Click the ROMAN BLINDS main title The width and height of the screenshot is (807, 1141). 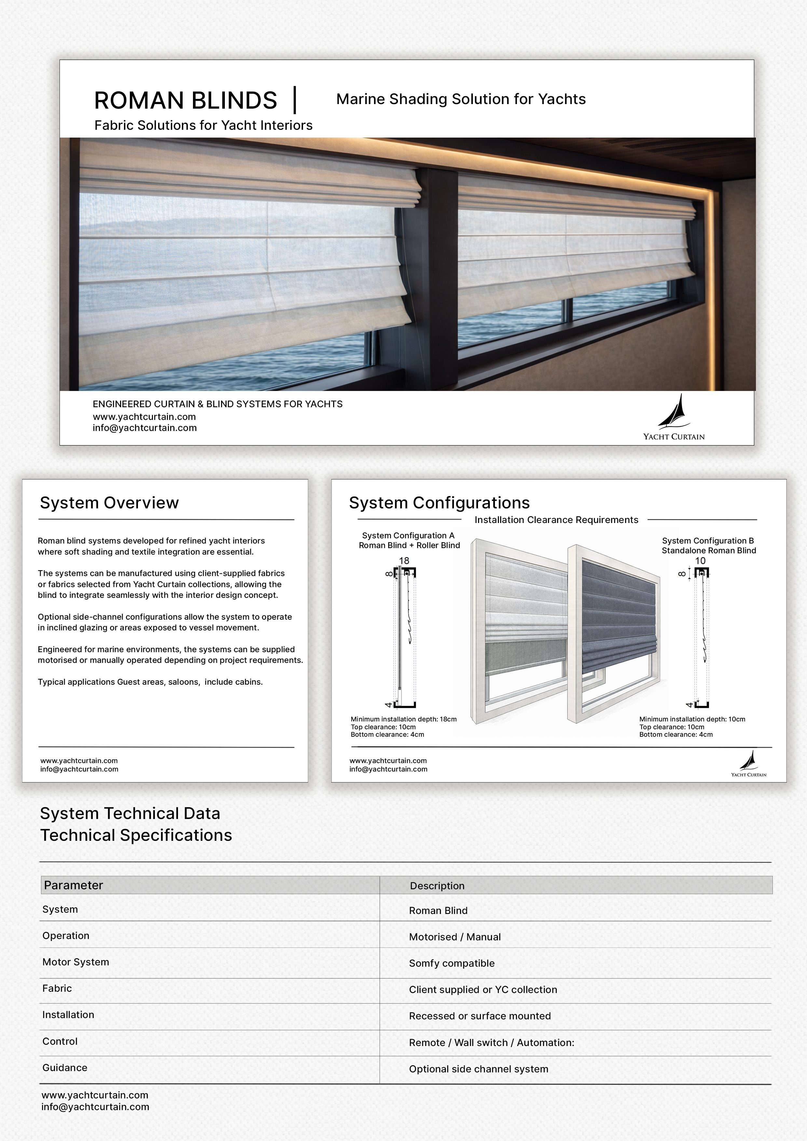click(185, 101)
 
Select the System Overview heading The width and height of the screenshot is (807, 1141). click(109, 503)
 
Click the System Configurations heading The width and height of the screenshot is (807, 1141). click(439, 503)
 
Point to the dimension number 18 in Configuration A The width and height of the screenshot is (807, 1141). click(404, 560)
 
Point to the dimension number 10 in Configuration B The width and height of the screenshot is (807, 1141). click(700, 560)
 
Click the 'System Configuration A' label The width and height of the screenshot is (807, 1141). click(408, 535)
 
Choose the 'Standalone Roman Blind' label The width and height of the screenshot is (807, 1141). click(708, 550)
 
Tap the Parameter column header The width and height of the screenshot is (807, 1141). click(74, 885)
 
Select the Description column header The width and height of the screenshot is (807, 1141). click(437, 886)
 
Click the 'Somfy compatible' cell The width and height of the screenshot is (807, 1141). click(451, 963)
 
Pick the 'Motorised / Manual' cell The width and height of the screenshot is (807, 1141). click(455, 937)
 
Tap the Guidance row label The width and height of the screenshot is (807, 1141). click(65, 1067)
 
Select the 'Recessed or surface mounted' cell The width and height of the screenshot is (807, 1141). click(480, 1016)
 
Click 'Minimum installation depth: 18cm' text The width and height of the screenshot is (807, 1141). click(403, 719)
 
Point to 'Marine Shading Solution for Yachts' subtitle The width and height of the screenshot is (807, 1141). click(461, 99)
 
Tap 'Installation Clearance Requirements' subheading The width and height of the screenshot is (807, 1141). click(556, 520)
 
